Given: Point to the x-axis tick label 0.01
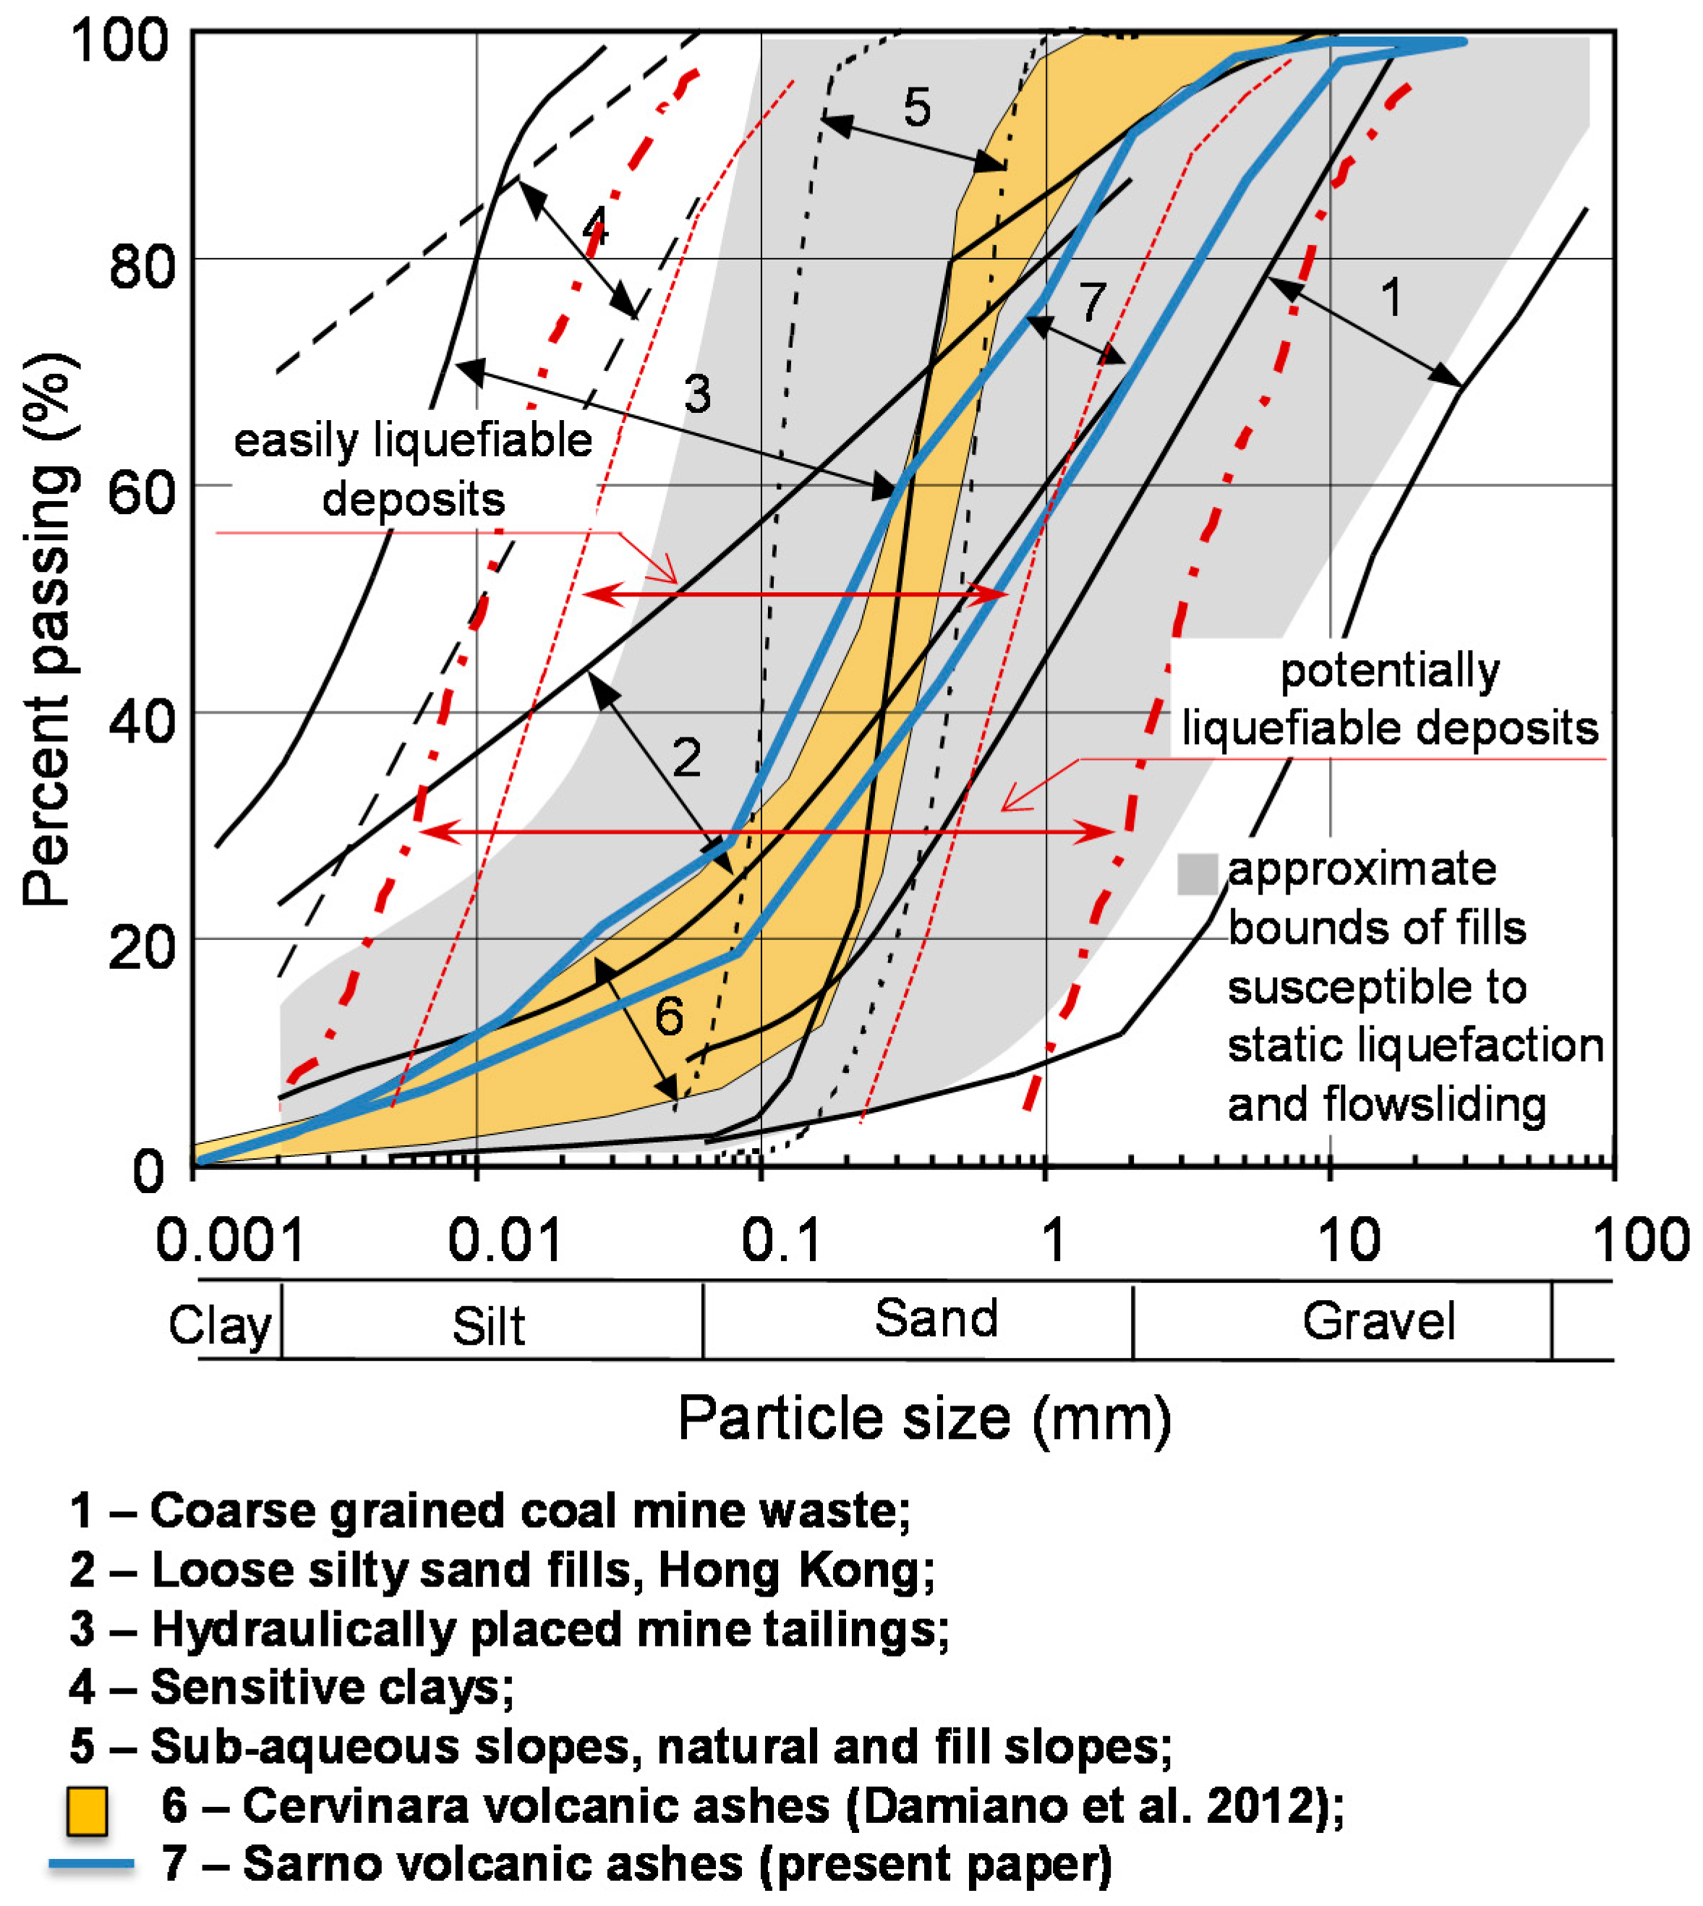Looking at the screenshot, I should point(505,1241).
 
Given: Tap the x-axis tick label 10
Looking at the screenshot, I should point(1349,1241).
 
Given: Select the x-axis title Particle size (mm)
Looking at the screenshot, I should point(924,1419).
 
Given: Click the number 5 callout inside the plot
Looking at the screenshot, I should point(916,108).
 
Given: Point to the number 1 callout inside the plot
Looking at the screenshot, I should point(1391,298).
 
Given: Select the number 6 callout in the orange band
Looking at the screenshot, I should point(668,1016).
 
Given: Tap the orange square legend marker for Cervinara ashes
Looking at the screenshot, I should point(87,1810).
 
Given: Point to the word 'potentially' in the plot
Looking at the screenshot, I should point(1390,671).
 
